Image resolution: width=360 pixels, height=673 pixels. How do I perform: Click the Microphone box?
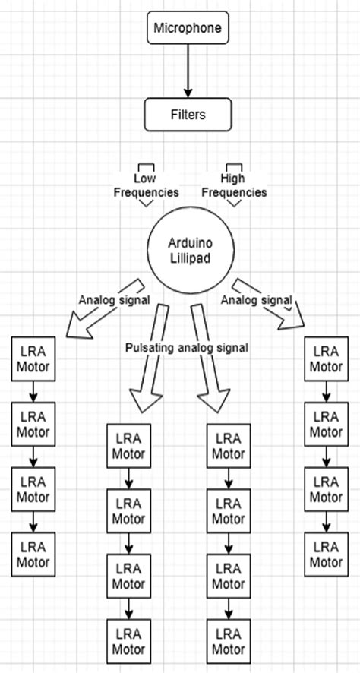point(188,29)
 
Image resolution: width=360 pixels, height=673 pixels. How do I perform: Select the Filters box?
point(187,115)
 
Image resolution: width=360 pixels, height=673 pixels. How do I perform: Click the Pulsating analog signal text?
point(187,347)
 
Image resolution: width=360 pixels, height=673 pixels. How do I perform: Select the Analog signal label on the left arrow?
point(114,299)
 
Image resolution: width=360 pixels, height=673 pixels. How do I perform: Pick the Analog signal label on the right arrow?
point(257,300)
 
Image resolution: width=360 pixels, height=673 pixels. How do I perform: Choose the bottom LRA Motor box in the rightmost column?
point(327,554)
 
